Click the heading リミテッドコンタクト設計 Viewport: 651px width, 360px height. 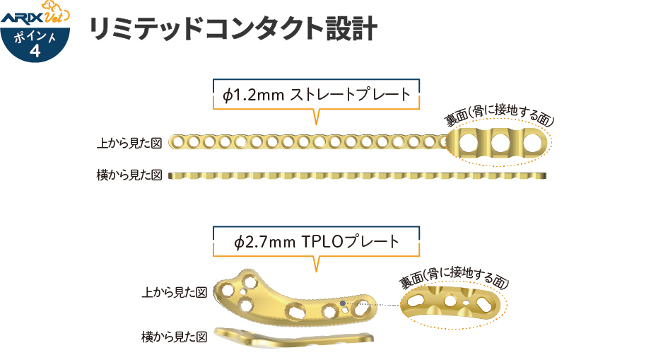pos(232,30)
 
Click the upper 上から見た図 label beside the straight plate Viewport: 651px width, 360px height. pos(129,143)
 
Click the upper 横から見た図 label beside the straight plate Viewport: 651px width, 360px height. pos(129,174)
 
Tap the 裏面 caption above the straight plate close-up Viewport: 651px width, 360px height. pos(498,116)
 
